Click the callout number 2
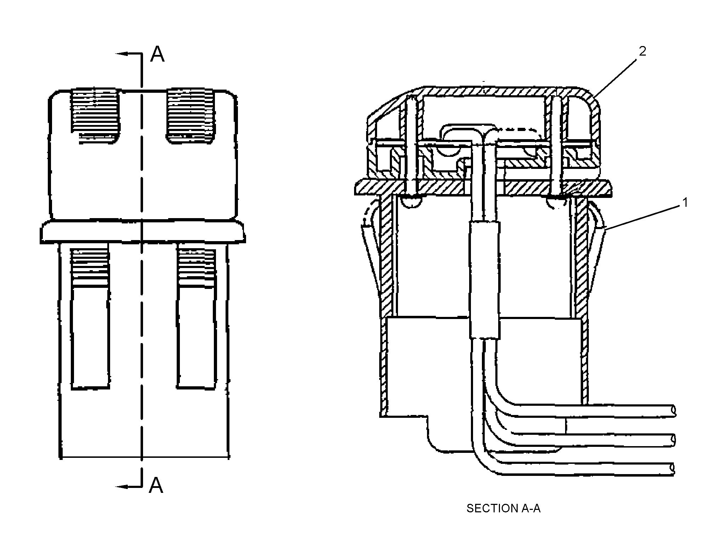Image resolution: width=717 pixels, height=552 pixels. click(x=642, y=52)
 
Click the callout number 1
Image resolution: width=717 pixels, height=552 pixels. click(x=685, y=203)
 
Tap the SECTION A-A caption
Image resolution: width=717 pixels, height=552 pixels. click(x=503, y=508)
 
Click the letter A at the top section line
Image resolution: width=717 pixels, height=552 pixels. click(x=158, y=55)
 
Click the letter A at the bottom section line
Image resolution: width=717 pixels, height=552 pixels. click(x=156, y=485)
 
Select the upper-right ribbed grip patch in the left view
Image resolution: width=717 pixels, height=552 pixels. click(x=191, y=115)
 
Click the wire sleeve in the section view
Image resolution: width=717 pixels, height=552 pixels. click(x=485, y=280)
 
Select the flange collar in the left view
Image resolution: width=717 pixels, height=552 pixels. click(x=142, y=232)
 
